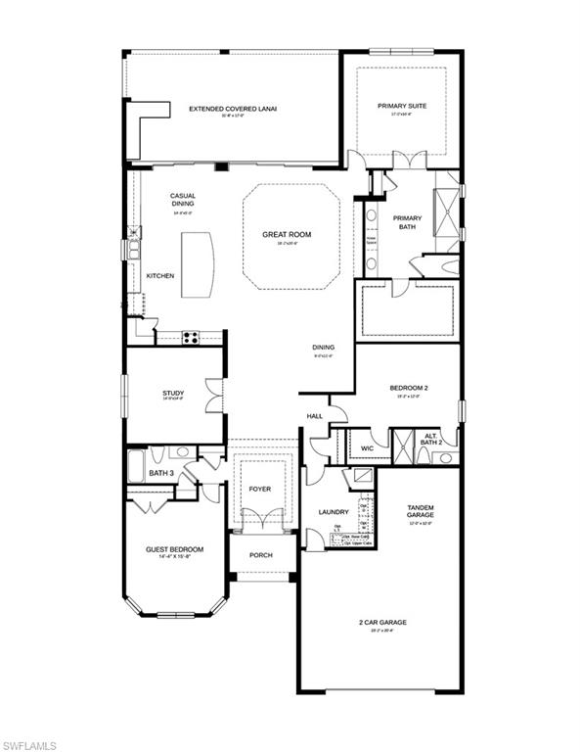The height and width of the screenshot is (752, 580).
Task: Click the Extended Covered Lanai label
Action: (x=232, y=109)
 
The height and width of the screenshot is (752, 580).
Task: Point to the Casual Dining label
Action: (x=182, y=200)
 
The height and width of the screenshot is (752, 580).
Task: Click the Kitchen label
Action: (x=160, y=276)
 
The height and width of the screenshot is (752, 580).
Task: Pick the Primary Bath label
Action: (x=407, y=222)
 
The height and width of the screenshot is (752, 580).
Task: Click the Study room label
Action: (x=173, y=394)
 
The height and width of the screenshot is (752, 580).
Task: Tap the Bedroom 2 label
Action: (x=408, y=388)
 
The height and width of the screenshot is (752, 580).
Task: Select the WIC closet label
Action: (x=367, y=448)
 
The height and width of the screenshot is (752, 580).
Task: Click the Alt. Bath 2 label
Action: (x=432, y=440)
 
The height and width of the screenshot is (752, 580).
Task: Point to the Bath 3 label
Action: (x=161, y=474)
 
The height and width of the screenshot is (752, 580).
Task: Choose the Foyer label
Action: (x=259, y=489)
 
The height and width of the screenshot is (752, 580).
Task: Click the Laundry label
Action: (x=334, y=512)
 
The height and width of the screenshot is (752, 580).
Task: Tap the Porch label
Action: (x=260, y=555)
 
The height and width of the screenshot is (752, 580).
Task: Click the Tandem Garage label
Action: (x=421, y=511)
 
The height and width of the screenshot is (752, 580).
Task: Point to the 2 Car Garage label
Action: (x=380, y=622)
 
